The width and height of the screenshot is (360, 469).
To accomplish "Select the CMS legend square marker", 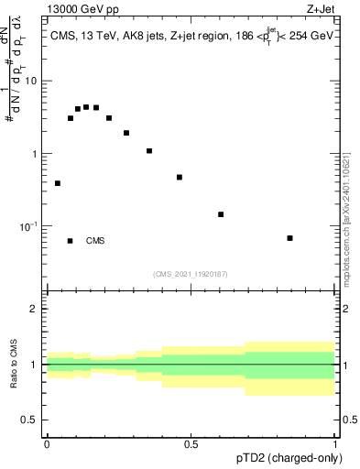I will (71, 241).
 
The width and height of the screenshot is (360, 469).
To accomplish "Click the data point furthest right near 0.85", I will (289, 238).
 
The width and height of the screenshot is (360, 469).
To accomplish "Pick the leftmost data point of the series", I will (58, 183).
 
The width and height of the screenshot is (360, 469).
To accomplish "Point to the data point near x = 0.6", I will (221, 214).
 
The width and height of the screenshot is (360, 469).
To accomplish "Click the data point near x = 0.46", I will (180, 177).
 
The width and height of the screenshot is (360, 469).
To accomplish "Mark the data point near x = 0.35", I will (149, 150).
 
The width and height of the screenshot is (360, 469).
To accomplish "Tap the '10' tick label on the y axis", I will (30, 81).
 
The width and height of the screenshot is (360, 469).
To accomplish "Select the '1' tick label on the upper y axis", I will (35, 153).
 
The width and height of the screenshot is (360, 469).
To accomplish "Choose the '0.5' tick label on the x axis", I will (191, 444).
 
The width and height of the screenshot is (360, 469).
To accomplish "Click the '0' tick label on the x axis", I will (47, 444).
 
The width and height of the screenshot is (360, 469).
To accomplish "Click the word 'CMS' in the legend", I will (95, 241).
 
